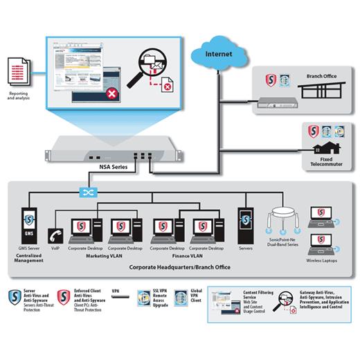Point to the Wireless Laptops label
tap(323, 262)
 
